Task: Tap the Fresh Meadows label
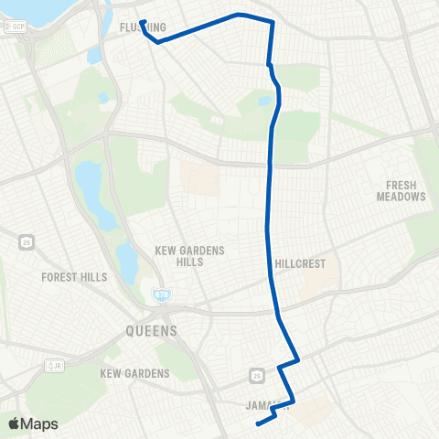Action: coord(401,190)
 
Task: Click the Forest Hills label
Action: coord(74,276)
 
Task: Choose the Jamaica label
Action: coord(268,406)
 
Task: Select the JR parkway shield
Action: coord(54,365)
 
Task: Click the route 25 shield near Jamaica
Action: coord(256,375)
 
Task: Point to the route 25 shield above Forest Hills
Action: coord(26,241)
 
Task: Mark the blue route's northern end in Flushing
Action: coord(142,21)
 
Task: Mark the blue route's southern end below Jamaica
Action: coord(257,423)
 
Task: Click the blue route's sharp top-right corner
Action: coord(272,21)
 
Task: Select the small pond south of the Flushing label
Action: coord(94,55)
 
